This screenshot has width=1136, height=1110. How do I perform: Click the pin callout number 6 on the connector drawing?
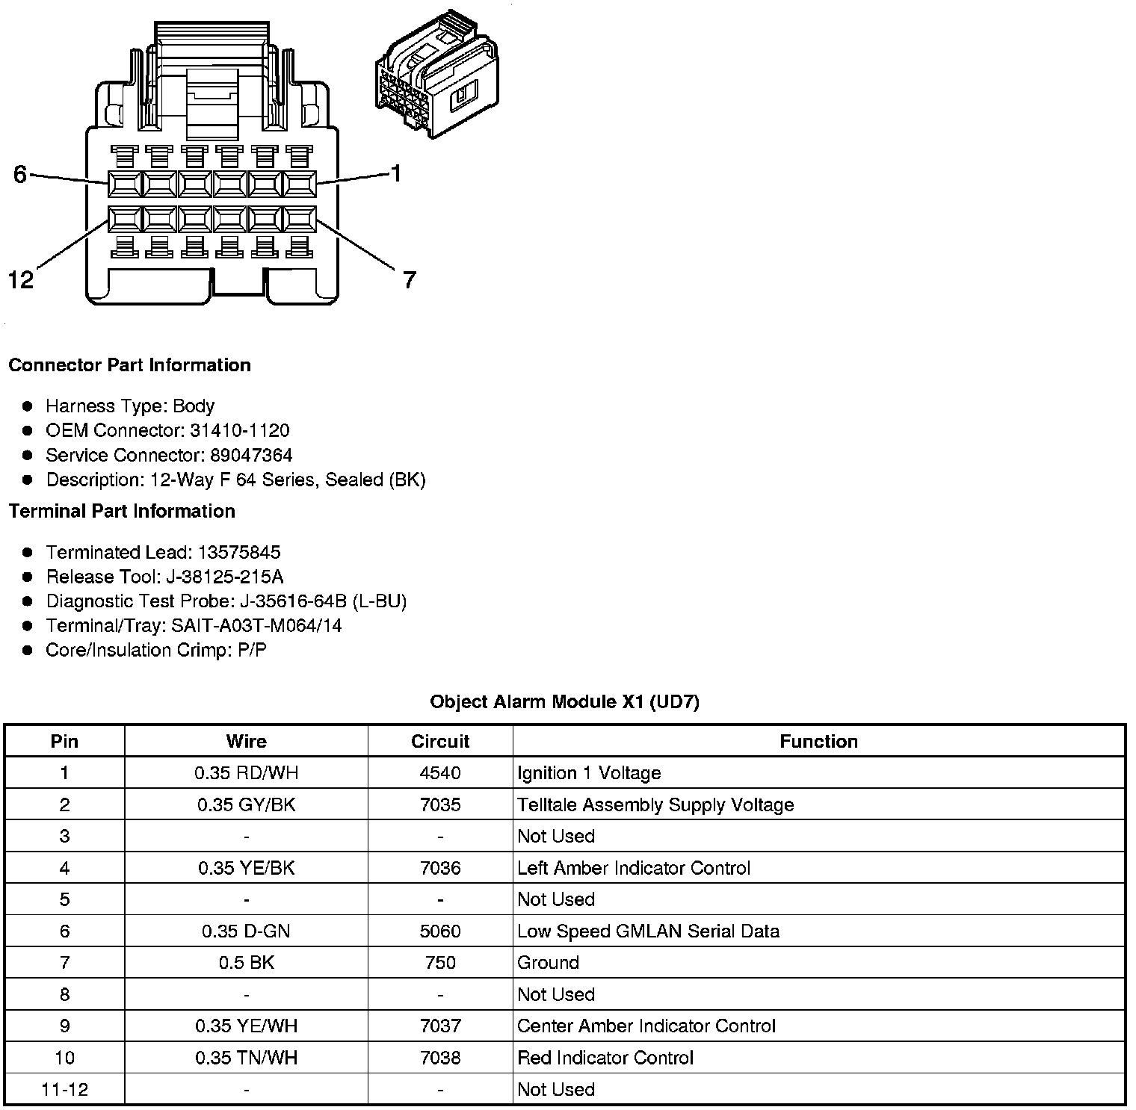pyautogui.click(x=20, y=175)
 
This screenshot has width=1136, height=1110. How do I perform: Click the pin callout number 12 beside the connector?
pyautogui.click(x=21, y=280)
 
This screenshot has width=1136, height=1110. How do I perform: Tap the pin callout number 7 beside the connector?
pyautogui.click(x=409, y=280)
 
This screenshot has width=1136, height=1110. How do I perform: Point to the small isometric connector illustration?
pyautogui.click(x=437, y=75)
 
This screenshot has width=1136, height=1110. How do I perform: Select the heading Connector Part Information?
pyautogui.click(x=129, y=365)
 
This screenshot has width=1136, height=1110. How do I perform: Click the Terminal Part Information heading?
pyautogui.click(x=122, y=511)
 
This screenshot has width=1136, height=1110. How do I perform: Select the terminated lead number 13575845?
pyautogui.click(x=238, y=552)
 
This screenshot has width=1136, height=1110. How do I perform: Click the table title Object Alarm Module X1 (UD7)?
pyautogui.click(x=564, y=701)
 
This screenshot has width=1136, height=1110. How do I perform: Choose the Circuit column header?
pyautogui.click(x=440, y=741)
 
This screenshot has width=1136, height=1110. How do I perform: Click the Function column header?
pyautogui.click(x=818, y=741)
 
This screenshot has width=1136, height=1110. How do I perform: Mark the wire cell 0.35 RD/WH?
pyautogui.click(x=246, y=773)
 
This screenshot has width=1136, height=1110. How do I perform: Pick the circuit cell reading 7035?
pyautogui.click(x=440, y=804)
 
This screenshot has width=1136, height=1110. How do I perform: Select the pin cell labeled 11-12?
pyautogui.click(x=64, y=1089)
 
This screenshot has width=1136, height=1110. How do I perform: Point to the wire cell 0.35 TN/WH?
pyautogui.click(x=246, y=1058)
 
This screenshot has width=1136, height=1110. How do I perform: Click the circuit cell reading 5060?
pyautogui.click(x=440, y=931)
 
